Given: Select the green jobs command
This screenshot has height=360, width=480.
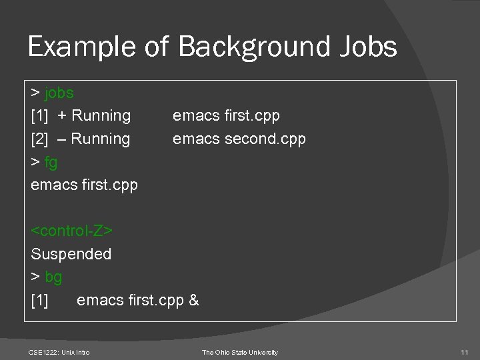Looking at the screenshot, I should tap(59, 93).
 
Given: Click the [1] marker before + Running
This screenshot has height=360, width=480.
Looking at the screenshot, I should tap(39, 115).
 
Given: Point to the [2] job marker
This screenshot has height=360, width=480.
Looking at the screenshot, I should tap(39, 139).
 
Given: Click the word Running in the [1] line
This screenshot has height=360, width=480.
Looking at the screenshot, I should tap(101, 115).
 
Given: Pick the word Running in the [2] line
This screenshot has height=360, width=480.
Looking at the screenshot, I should tap(101, 139).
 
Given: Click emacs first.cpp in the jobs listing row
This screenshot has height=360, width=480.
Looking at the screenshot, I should tap(226, 115).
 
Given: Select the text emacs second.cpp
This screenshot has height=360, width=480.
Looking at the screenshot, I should tap(239, 139).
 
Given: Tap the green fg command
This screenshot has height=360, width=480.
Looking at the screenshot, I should tap(52, 162).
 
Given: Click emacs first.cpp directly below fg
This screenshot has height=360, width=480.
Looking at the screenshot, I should tap(84, 185).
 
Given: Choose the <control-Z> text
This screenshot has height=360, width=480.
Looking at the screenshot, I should tap(72, 231).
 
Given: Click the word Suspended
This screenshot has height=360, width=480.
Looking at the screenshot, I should tap(71, 254).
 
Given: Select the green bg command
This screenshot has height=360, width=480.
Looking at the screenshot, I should tap(53, 277).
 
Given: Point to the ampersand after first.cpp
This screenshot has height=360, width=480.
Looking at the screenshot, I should tap(193, 300).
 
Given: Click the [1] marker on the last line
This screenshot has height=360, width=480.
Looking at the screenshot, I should tap(39, 300).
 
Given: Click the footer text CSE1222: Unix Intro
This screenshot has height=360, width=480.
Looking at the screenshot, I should tap(59, 352).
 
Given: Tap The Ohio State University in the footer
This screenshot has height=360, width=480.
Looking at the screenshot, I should tap(240, 352).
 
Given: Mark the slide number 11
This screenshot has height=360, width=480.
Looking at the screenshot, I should tap(465, 352).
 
